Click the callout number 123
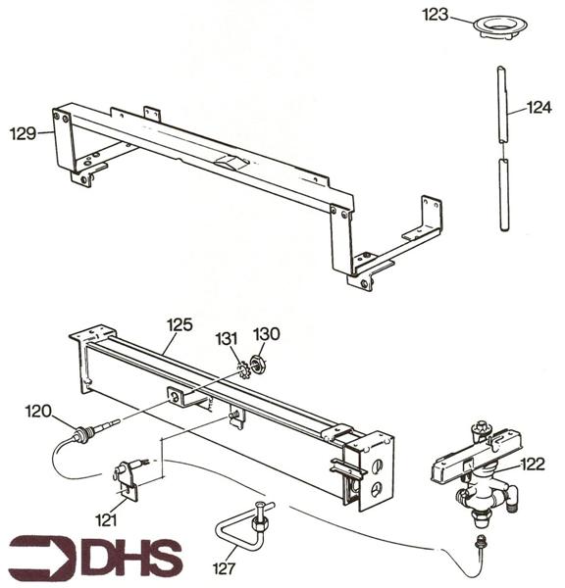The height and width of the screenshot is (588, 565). click(436, 15)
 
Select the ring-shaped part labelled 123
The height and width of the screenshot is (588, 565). click(499, 26)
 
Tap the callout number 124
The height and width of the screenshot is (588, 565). click(539, 108)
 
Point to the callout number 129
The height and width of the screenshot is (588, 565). click(23, 133)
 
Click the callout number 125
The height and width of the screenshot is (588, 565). click(180, 324)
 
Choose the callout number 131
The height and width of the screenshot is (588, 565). click(227, 339)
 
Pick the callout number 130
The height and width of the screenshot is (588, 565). click(266, 334)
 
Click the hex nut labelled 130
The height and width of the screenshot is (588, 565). click(258, 364)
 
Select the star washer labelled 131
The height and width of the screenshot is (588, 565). click(245, 369)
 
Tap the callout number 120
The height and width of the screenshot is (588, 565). click(38, 412)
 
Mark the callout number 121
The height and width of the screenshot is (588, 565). click(106, 520)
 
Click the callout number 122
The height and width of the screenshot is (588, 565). click(533, 465)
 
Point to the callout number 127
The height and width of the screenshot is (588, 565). click(224, 568)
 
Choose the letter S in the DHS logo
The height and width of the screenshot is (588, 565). click(166, 557)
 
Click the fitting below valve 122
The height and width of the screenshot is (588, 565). click(480, 541)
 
